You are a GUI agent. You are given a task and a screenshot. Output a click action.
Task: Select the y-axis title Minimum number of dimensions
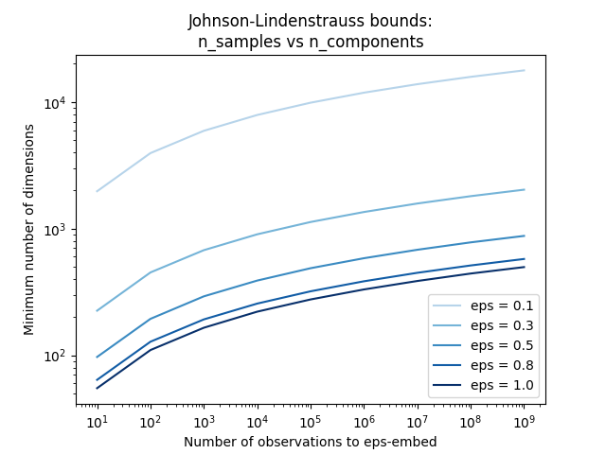pos(30,230)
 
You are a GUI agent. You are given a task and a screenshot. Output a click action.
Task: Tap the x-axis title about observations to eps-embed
pos(310,442)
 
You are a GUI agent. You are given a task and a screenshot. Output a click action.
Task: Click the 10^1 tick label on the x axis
pos(97,422)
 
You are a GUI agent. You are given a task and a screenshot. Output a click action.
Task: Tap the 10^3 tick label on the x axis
pos(204,422)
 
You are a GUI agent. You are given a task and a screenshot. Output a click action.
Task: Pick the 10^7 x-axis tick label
pos(417,422)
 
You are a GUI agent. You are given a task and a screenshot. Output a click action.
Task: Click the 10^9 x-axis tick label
pos(524,422)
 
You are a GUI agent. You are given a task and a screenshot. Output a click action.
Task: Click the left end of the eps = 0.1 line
pos(97,191)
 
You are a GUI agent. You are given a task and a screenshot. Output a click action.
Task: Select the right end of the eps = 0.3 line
pos(524,189)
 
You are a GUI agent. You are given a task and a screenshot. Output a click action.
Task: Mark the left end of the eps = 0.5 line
pos(97,358)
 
